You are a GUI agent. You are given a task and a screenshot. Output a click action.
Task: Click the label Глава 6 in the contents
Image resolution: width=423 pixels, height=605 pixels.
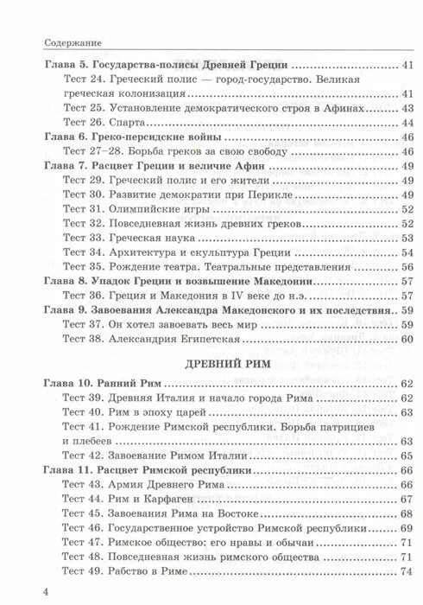[66, 138]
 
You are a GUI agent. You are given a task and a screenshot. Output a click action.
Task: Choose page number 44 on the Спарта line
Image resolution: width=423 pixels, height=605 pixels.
[405, 124]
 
